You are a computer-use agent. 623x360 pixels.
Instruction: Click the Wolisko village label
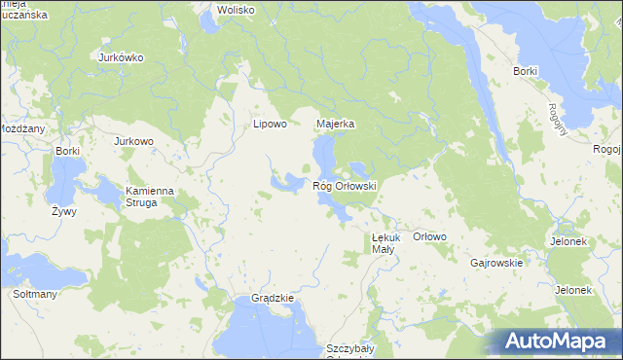point(236,10)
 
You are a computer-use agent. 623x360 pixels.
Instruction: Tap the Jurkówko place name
point(121,57)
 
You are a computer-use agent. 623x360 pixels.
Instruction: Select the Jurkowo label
point(133,141)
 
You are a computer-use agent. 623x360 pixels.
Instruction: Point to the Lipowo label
point(270,125)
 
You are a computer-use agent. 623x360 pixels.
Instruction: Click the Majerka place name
point(335,125)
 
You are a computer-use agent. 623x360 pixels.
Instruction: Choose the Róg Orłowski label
point(345,185)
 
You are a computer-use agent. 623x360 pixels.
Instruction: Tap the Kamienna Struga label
point(149,198)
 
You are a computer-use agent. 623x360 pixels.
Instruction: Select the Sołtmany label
point(32,293)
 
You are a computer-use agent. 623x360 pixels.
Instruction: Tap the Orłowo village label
point(429,236)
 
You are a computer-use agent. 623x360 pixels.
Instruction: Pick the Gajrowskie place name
point(496,263)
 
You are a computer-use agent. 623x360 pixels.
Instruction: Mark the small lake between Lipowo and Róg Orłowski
point(288,181)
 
